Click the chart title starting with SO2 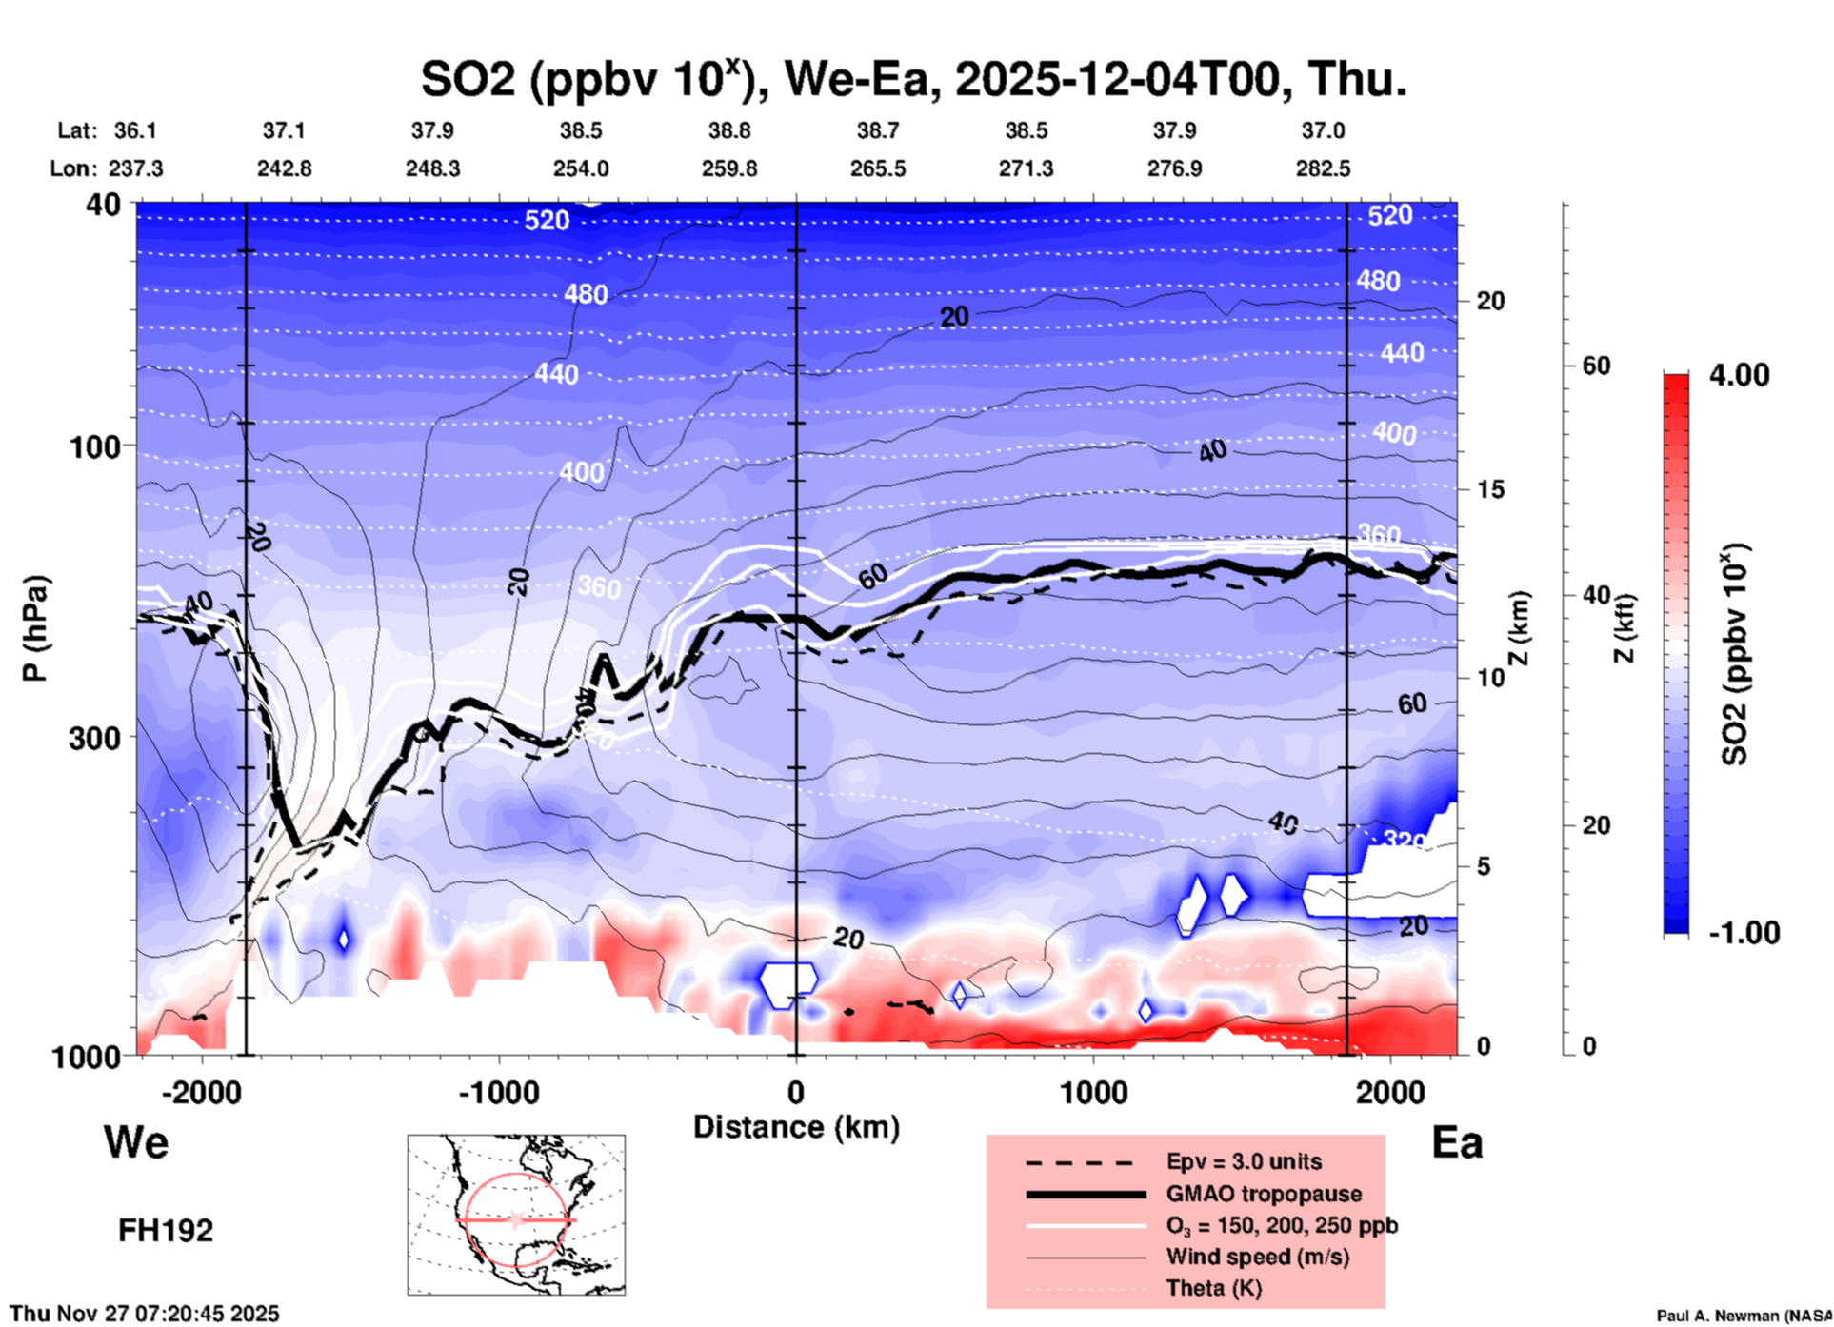914,80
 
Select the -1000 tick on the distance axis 498,1093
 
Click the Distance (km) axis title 796,1127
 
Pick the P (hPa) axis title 34,628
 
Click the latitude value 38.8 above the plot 729,130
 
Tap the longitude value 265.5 878,168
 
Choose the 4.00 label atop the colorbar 1739,375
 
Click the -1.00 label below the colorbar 1744,933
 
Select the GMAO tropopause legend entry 1264,1194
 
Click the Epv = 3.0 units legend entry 1244,1162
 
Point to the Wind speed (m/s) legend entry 1257,1257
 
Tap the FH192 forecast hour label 166,1231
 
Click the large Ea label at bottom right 1457,1143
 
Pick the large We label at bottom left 136,1141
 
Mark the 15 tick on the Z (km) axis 1490,489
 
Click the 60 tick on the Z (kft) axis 1596,366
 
